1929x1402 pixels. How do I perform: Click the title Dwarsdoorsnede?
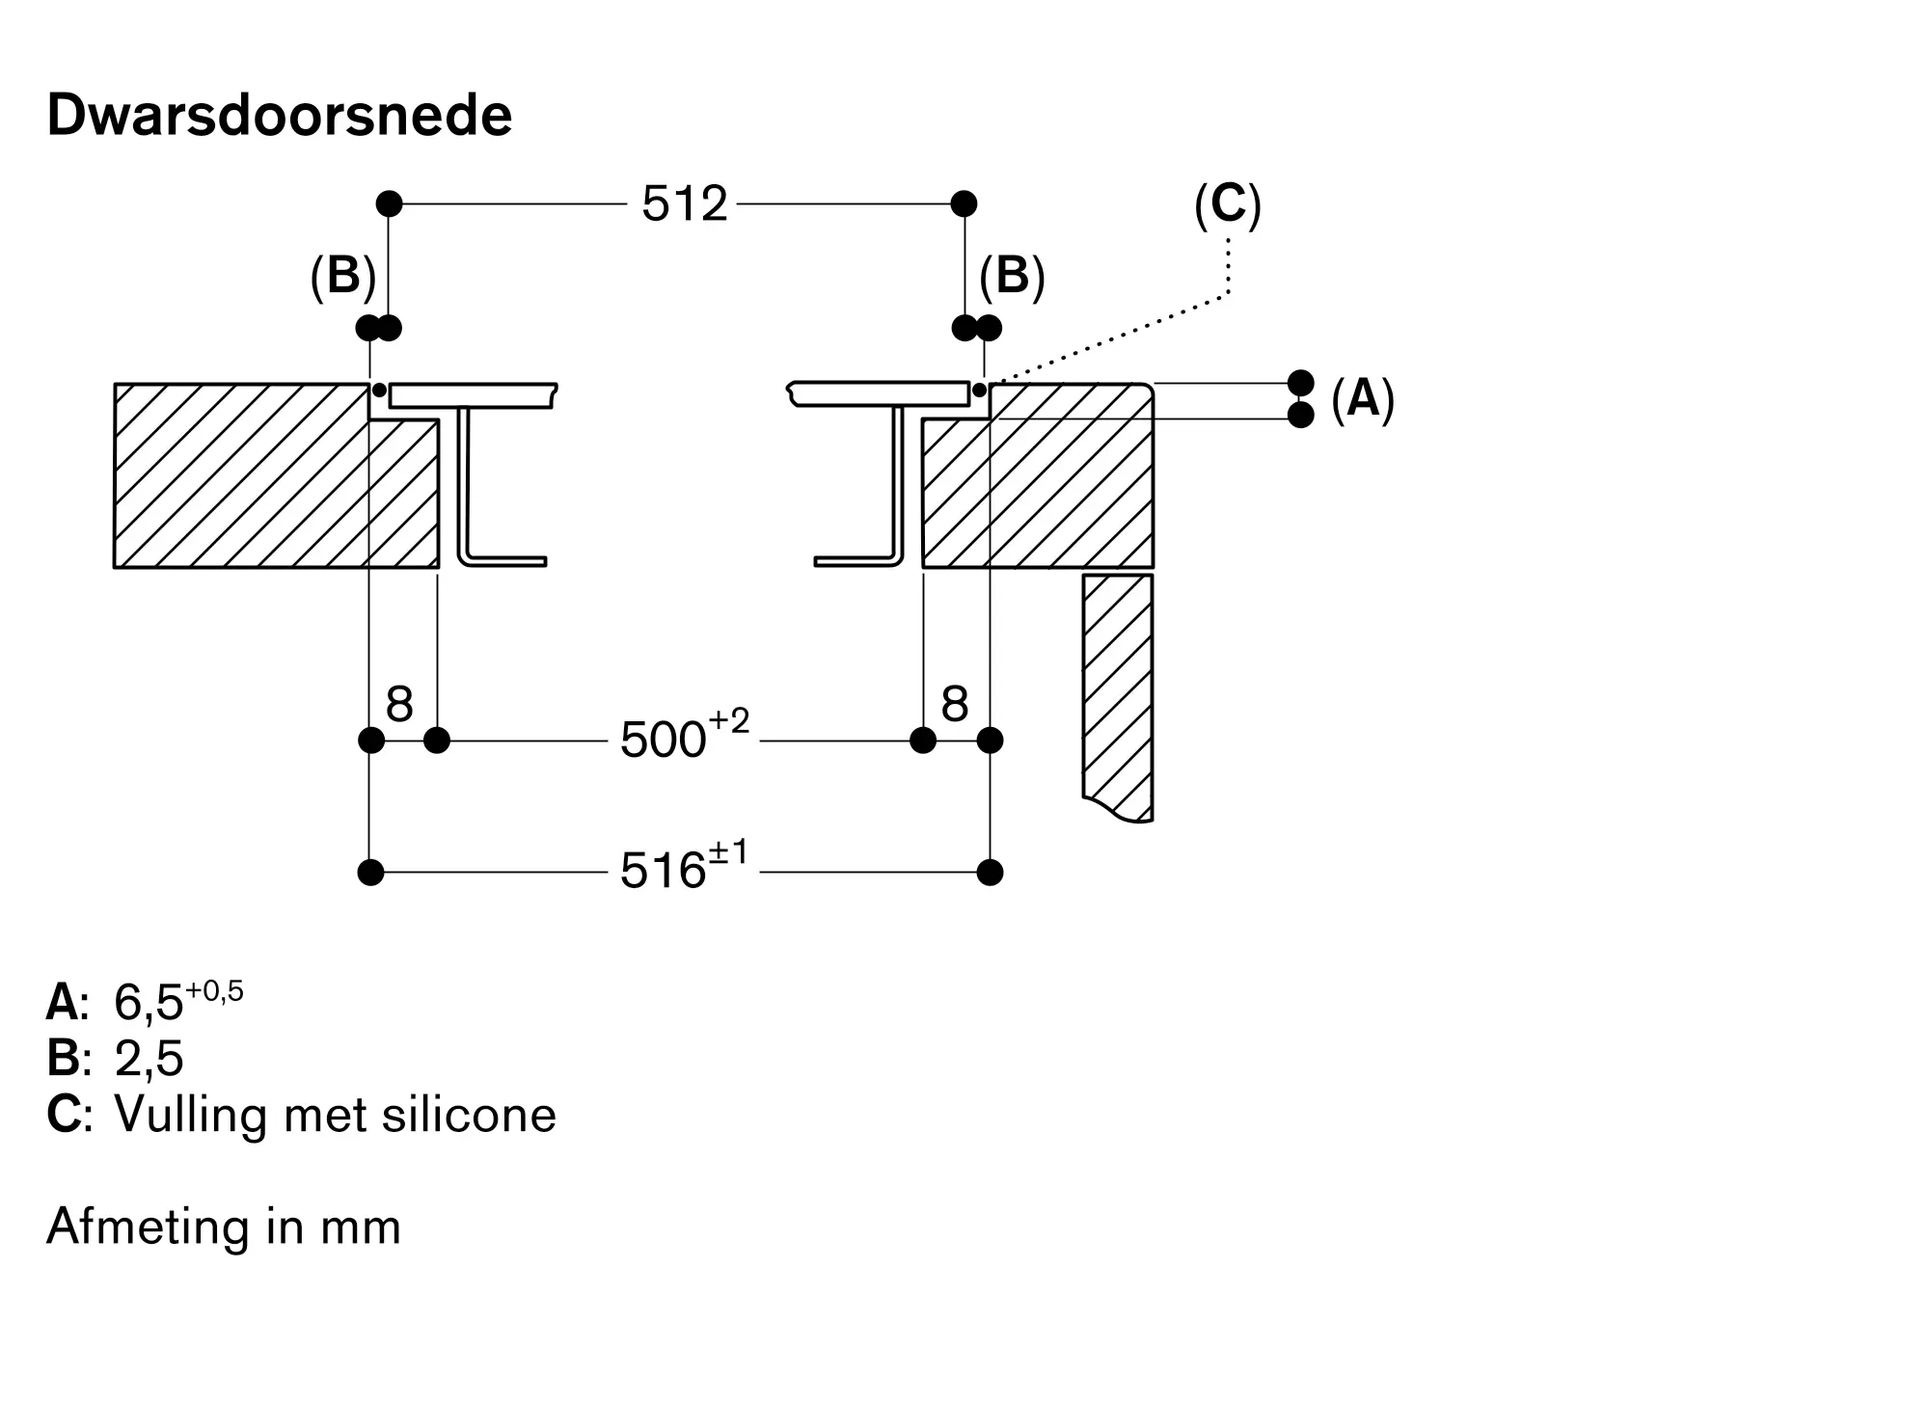click(x=279, y=116)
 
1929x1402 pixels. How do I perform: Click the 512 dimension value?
click(x=684, y=204)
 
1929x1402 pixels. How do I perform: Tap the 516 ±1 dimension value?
click(x=684, y=869)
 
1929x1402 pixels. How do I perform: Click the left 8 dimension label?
click(x=399, y=705)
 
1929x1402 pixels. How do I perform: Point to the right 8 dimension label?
click(x=954, y=705)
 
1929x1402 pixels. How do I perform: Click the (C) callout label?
click(x=1227, y=204)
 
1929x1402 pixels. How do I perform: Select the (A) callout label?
click(x=1362, y=398)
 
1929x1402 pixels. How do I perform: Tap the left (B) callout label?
click(x=342, y=277)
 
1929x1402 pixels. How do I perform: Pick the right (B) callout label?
click(x=1012, y=277)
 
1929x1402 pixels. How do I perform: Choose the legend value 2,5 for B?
click(x=149, y=1058)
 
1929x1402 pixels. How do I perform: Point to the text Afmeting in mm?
click(x=224, y=1227)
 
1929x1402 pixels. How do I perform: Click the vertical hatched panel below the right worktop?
click(x=1118, y=694)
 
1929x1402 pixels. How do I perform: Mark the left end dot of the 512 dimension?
click(x=389, y=203)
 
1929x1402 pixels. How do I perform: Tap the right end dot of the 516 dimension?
click(x=990, y=873)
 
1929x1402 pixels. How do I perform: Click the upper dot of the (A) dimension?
click(x=1300, y=383)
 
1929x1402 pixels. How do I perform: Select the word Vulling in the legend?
click(x=190, y=1115)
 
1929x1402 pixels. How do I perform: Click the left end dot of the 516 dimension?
click(x=370, y=873)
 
